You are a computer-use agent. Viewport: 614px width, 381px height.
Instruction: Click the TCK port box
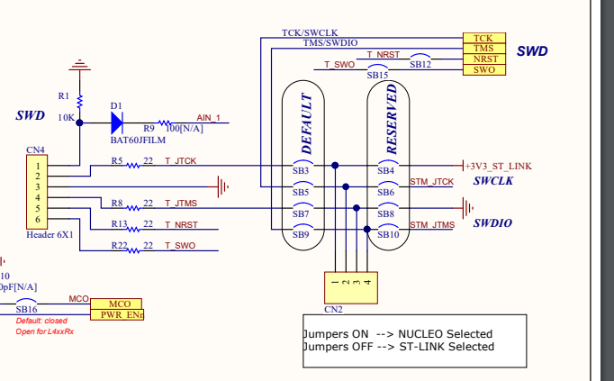[483, 37]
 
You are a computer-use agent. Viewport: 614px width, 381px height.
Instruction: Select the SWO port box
[483, 69]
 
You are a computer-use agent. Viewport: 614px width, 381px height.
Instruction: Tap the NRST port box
[483, 59]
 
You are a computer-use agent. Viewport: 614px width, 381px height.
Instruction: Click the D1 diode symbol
[117, 122]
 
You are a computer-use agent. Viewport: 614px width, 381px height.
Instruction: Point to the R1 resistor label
[63, 95]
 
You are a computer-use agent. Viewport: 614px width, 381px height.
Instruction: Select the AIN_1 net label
[208, 117]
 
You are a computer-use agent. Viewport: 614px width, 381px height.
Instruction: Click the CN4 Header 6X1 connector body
[37, 192]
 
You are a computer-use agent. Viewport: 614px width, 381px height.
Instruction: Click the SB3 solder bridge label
[301, 170]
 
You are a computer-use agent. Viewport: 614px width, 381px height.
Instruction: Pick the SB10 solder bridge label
[388, 234]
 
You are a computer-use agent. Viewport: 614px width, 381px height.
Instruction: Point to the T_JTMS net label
[180, 203]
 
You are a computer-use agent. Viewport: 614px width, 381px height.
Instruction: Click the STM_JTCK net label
[431, 182]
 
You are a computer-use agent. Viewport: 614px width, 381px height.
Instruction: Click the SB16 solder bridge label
[27, 309]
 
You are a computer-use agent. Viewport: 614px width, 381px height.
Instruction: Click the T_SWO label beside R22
[179, 245]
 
